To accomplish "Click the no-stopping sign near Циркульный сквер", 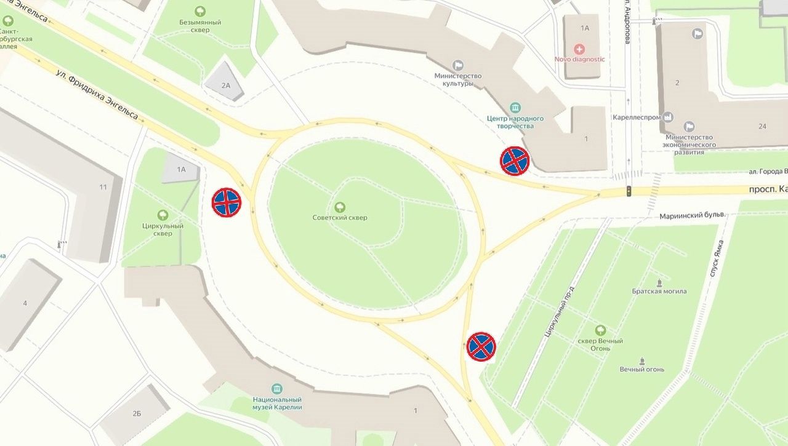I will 227,202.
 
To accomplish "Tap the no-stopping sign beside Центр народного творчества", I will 515,161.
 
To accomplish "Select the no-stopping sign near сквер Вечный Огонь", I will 481,347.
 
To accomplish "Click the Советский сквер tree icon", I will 339,207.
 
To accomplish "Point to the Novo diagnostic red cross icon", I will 579,49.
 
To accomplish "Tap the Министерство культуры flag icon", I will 457,65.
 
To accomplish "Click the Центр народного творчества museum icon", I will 515,107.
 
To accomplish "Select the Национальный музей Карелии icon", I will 277,389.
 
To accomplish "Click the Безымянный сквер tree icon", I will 200,11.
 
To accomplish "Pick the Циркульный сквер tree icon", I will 163,215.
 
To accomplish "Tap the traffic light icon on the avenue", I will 629,191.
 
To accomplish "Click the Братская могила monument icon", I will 659,284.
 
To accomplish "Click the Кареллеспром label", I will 636,117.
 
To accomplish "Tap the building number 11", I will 103,187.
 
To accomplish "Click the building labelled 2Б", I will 136,413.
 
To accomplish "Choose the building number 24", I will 762,126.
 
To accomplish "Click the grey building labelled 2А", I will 225,85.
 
